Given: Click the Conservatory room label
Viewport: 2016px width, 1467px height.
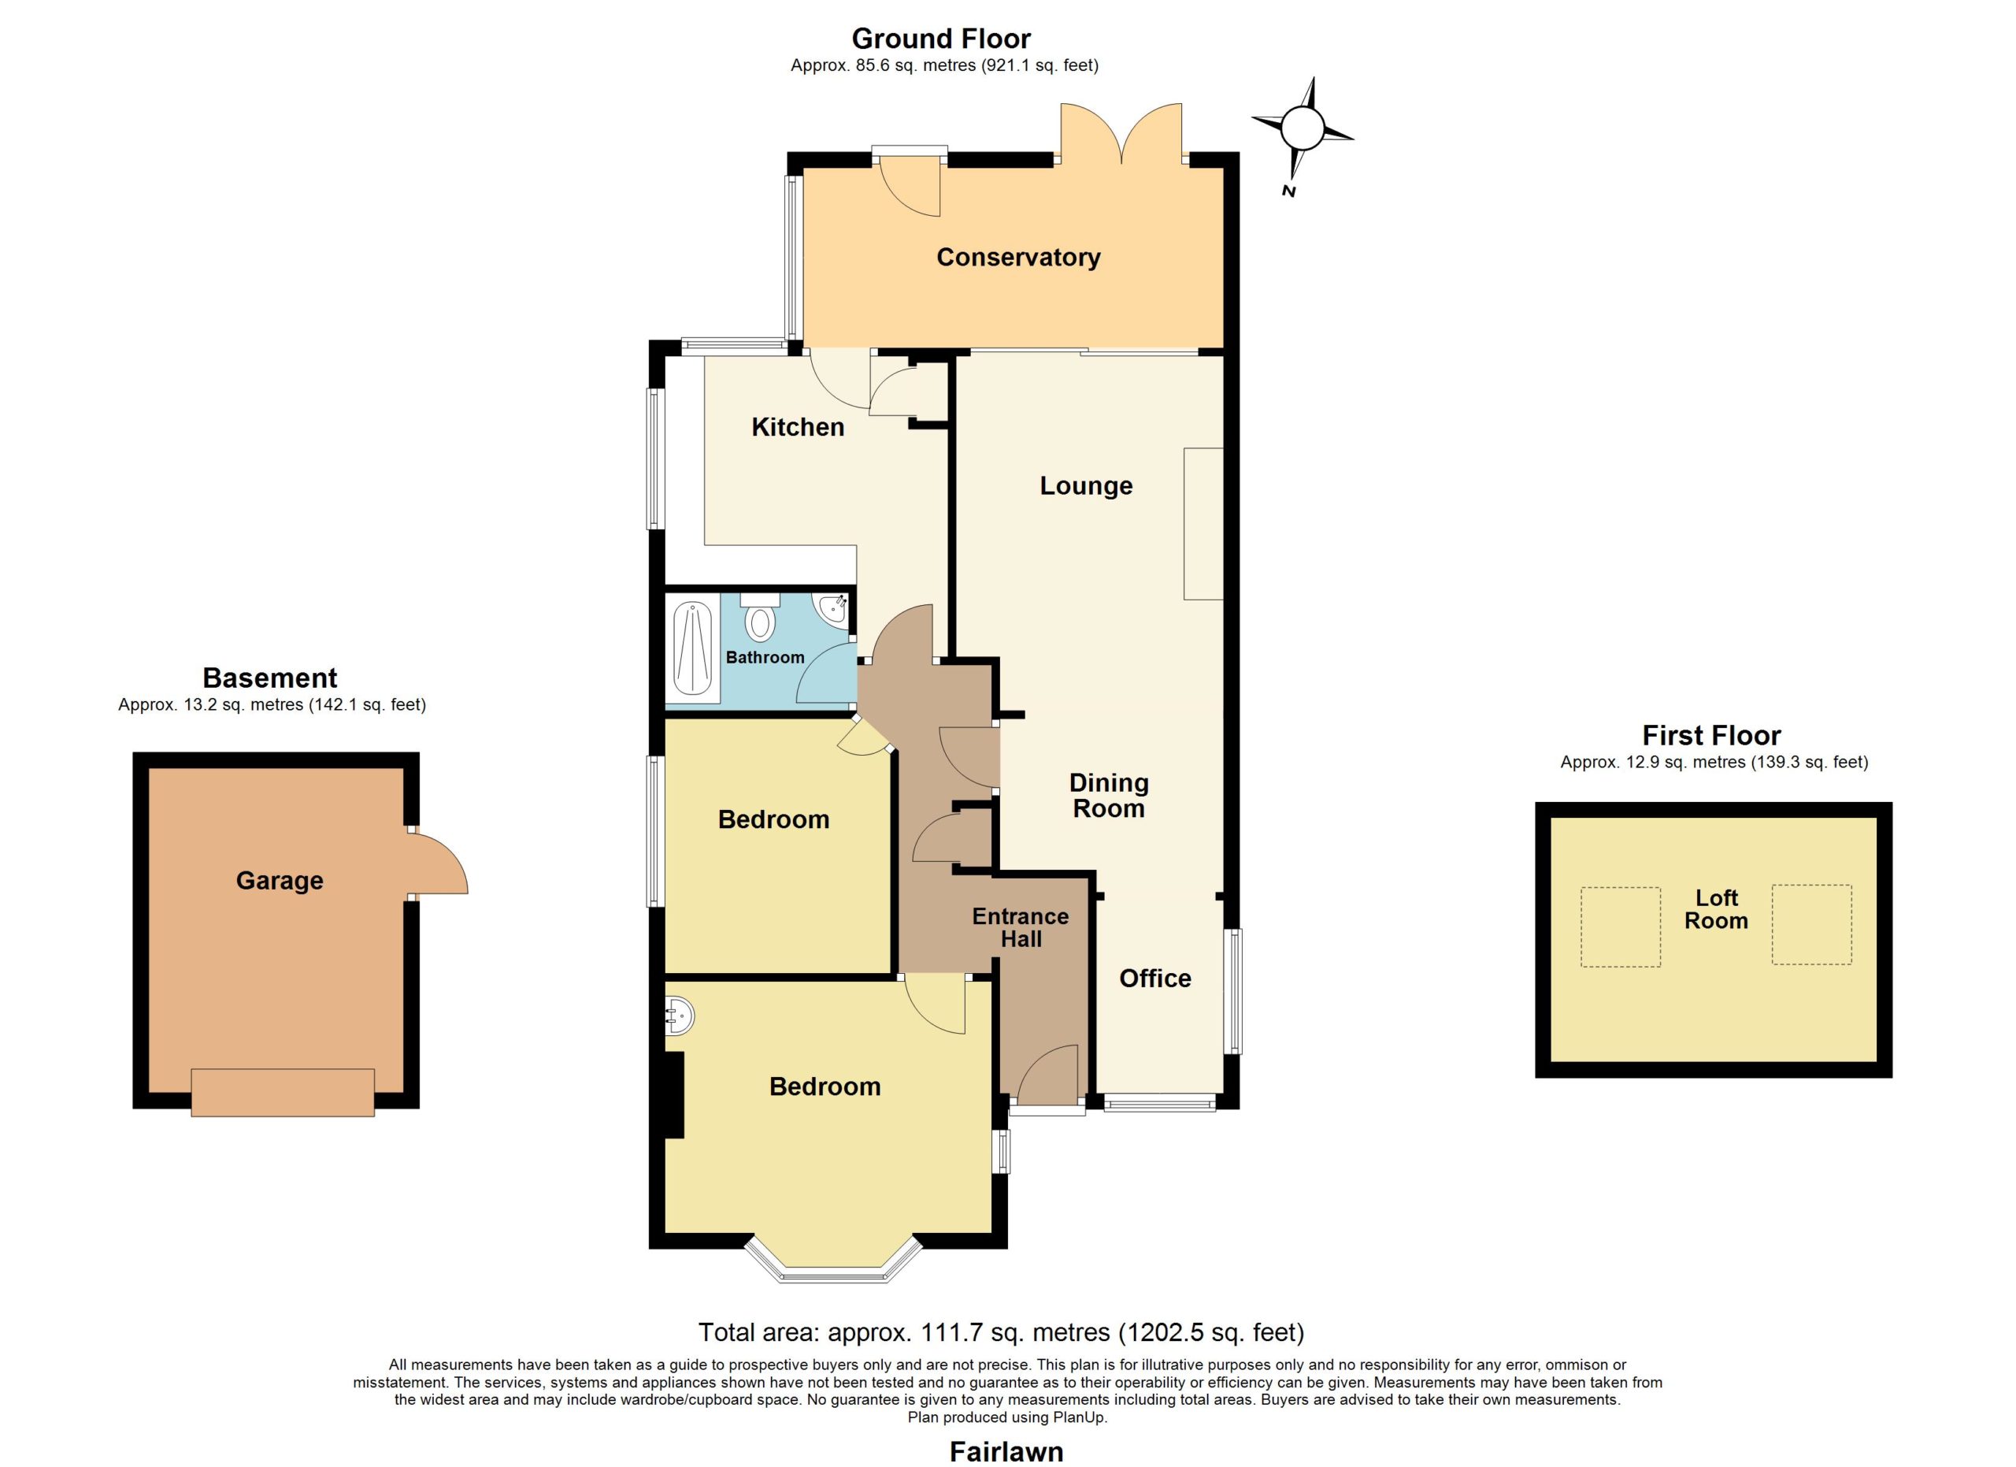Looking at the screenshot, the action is [x=1019, y=258].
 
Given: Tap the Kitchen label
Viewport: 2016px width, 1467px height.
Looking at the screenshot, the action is [x=797, y=427].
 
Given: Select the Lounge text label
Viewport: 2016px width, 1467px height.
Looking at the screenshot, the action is [x=1086, y=486].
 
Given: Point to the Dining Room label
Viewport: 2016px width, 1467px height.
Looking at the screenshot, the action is [x=1109, y=795].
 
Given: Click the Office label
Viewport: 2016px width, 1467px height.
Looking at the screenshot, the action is [x=1154, y=978].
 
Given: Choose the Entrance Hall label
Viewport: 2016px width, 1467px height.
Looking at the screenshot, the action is [x=1021, y=927].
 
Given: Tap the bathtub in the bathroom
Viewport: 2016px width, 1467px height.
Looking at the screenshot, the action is [x=692, y=651].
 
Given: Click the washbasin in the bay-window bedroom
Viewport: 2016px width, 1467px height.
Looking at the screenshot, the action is [x=680, y=1016].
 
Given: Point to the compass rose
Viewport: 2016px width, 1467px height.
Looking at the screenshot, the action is [x=1303, y=136].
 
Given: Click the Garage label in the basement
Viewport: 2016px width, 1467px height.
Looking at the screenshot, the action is [x=279, y=880].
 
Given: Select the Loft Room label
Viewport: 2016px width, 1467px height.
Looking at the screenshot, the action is [x=1715, y=909].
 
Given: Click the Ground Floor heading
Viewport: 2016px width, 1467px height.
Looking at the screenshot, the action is [x=940, y=39].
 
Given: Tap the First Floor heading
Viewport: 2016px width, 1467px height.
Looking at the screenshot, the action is [x=1711, y=735].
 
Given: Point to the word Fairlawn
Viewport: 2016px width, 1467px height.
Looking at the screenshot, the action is [x=1006, y=1452].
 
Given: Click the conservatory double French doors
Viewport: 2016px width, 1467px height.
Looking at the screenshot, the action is [x=1121, y=134].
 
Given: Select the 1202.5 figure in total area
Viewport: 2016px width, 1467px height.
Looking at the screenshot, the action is [x=1161, y=1333].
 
